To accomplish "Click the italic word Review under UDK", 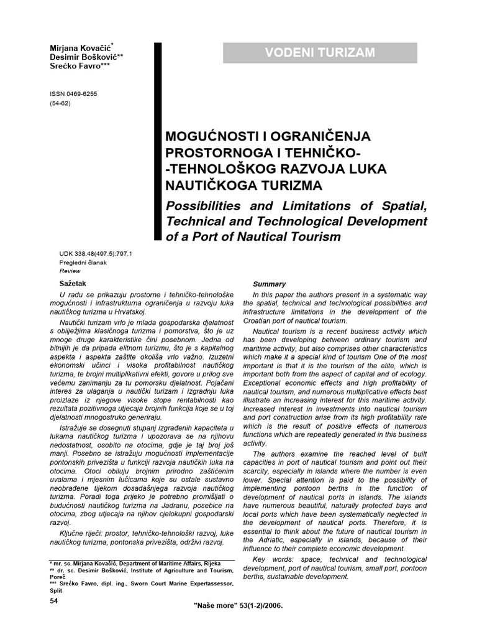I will tap(70, 271).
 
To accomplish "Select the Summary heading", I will tap(270, 284).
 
